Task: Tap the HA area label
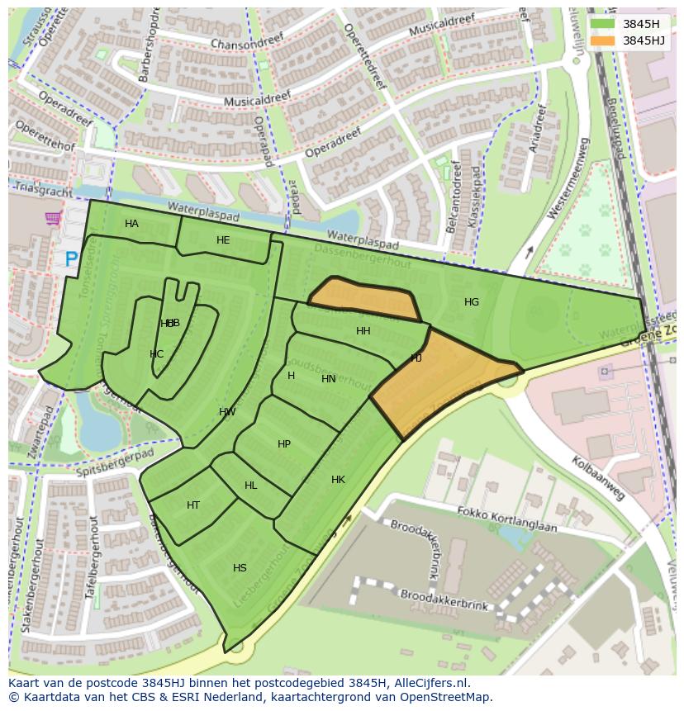click(x=131, y=224)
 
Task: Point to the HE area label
click(x=223, y=240)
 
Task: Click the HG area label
click(x=472, y=302)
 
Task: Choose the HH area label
click(x=363, y=331)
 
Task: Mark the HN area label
click(x=329, y=379)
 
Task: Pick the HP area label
click(x=284, y=444)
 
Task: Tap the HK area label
click(x=338, y=480)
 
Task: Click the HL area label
click(x=250, y=486)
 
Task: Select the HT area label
click(x=193, y=505)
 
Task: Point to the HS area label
click(x=240, y=568)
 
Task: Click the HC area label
click(x=156, y=354)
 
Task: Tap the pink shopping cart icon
click(x=54, y=219)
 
